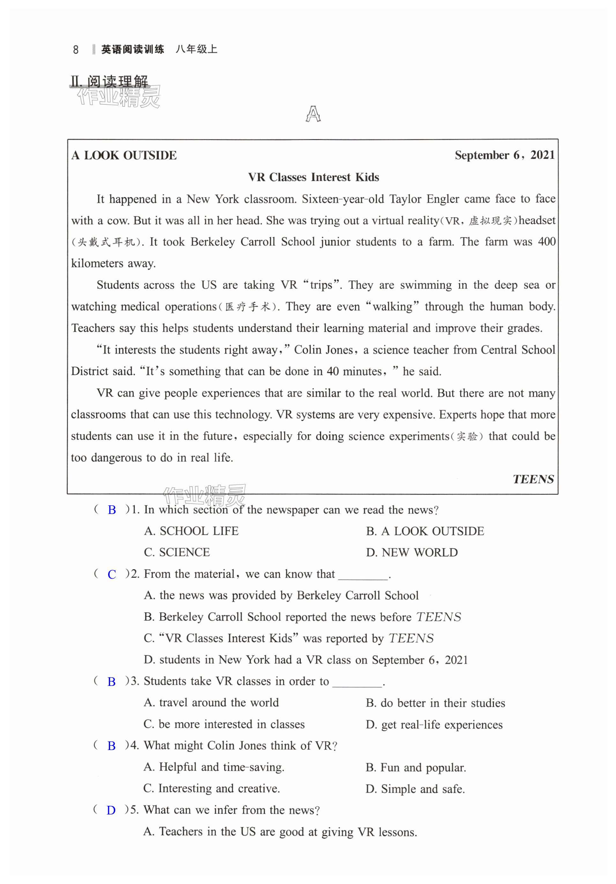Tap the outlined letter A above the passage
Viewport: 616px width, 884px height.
313,114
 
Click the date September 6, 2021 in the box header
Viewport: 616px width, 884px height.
504,155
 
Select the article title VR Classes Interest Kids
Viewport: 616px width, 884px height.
313,177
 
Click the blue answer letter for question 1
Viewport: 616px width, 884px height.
112,510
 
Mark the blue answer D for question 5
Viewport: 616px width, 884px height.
111,810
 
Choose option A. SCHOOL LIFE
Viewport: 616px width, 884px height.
191,531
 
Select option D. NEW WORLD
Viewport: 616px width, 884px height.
412,553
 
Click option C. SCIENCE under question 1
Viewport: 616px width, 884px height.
177,552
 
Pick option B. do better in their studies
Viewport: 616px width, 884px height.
435,703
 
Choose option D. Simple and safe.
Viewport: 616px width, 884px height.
415,789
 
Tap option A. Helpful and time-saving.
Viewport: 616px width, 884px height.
214,767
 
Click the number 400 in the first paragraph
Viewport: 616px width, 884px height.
547,242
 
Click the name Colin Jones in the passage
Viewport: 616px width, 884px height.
323,350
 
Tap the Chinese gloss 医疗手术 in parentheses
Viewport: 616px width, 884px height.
248,307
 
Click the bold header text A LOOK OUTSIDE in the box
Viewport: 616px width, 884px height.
124,155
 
